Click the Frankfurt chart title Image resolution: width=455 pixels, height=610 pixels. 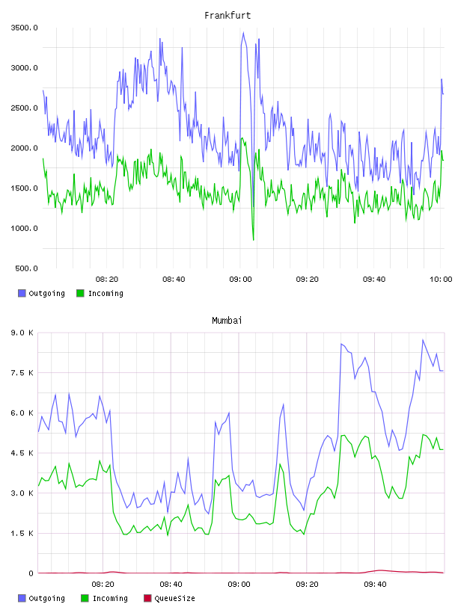point(227,15)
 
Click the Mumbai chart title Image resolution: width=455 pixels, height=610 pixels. point(227,320)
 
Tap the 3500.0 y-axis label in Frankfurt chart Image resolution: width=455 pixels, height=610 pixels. point(24,28)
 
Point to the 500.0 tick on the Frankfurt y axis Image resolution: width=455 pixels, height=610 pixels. point(26,268)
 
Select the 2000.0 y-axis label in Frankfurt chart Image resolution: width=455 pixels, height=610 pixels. point(24,148)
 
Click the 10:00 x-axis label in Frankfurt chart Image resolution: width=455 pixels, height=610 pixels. point(441,279)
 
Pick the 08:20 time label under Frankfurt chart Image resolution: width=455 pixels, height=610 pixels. point(107,279)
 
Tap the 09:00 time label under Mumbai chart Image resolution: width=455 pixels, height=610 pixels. point(239,584)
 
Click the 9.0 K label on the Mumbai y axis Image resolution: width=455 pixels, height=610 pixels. point(22,333)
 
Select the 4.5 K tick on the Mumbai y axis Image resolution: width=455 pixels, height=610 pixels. point(22,453)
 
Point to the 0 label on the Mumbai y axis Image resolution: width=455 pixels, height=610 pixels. point(31,573)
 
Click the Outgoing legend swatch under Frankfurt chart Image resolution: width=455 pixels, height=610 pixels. point(22,293)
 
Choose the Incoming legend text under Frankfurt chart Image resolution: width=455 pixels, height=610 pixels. point(106,293)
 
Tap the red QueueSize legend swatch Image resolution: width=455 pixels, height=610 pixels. point(147,598)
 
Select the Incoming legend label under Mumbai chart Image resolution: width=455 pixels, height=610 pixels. point(110,598)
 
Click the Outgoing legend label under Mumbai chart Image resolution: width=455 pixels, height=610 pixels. point(46,598)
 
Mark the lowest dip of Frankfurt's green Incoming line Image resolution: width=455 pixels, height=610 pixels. point(254,240)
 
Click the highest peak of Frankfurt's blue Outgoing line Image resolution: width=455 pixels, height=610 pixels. point(243,33)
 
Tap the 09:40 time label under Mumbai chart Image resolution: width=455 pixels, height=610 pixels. point(375,584)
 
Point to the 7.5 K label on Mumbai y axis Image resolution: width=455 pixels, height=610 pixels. point(22,373)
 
